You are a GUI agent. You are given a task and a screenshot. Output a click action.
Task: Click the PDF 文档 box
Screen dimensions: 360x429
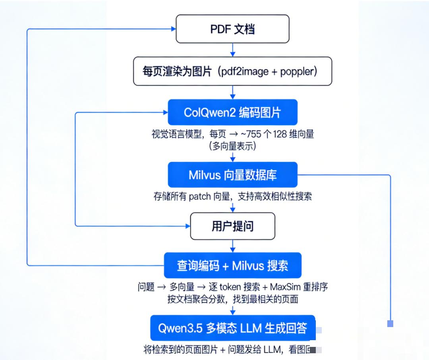232,29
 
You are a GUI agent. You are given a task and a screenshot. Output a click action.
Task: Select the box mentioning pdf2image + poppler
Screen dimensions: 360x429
232,71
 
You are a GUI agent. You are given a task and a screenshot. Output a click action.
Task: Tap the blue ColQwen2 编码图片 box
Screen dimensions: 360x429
232,112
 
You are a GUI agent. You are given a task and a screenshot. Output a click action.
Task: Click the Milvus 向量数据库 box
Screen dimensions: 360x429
232,175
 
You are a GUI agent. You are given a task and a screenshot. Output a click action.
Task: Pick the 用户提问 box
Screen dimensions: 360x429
232,226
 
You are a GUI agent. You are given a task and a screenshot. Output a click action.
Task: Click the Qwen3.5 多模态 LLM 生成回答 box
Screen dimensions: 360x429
232,329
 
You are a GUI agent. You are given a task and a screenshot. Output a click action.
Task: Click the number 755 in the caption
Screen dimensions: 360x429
252,134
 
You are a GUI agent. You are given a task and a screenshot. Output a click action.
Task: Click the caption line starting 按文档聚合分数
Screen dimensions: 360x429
232,299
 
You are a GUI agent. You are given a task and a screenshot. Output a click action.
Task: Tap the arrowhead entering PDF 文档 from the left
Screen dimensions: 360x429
173,29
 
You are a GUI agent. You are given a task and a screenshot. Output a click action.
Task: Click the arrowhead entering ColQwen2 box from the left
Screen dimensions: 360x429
165,113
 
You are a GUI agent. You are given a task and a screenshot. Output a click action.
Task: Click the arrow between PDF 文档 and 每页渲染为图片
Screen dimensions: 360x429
233,50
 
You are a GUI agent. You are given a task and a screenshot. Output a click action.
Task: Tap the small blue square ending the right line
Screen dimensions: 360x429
390,324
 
